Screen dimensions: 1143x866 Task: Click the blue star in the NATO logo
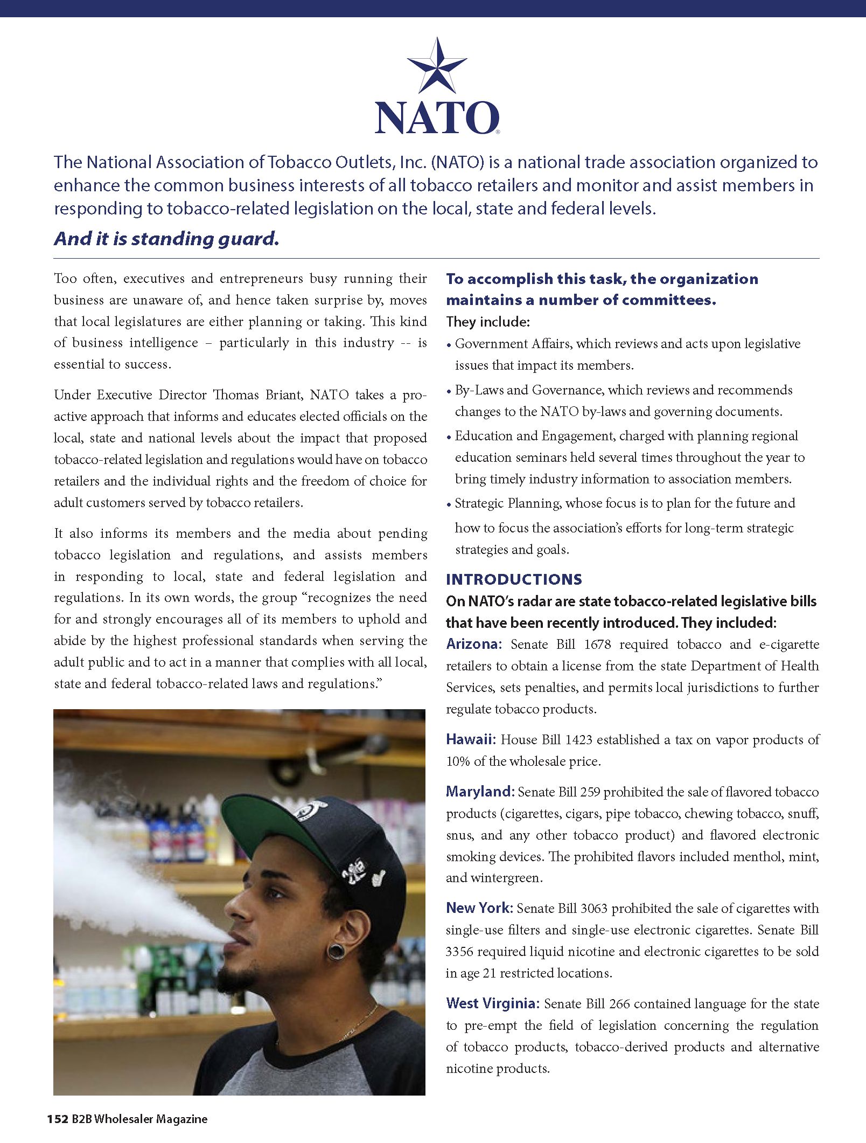point(437,66)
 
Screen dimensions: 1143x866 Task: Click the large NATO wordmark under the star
point(437,117)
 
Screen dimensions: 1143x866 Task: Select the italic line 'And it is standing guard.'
point(166,238)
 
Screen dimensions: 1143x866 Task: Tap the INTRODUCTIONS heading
point(514,579)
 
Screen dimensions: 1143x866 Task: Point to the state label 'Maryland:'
point(480,792)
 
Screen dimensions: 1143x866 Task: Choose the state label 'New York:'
point(479,908)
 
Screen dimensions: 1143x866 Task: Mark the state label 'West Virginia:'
point(492,1003)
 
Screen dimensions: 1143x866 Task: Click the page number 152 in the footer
point(57,1119)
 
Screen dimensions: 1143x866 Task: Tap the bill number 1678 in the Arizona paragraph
point(598,645)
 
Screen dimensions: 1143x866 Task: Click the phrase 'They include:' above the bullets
point(488,322)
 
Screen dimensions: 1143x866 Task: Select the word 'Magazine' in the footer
point(181,1119)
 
